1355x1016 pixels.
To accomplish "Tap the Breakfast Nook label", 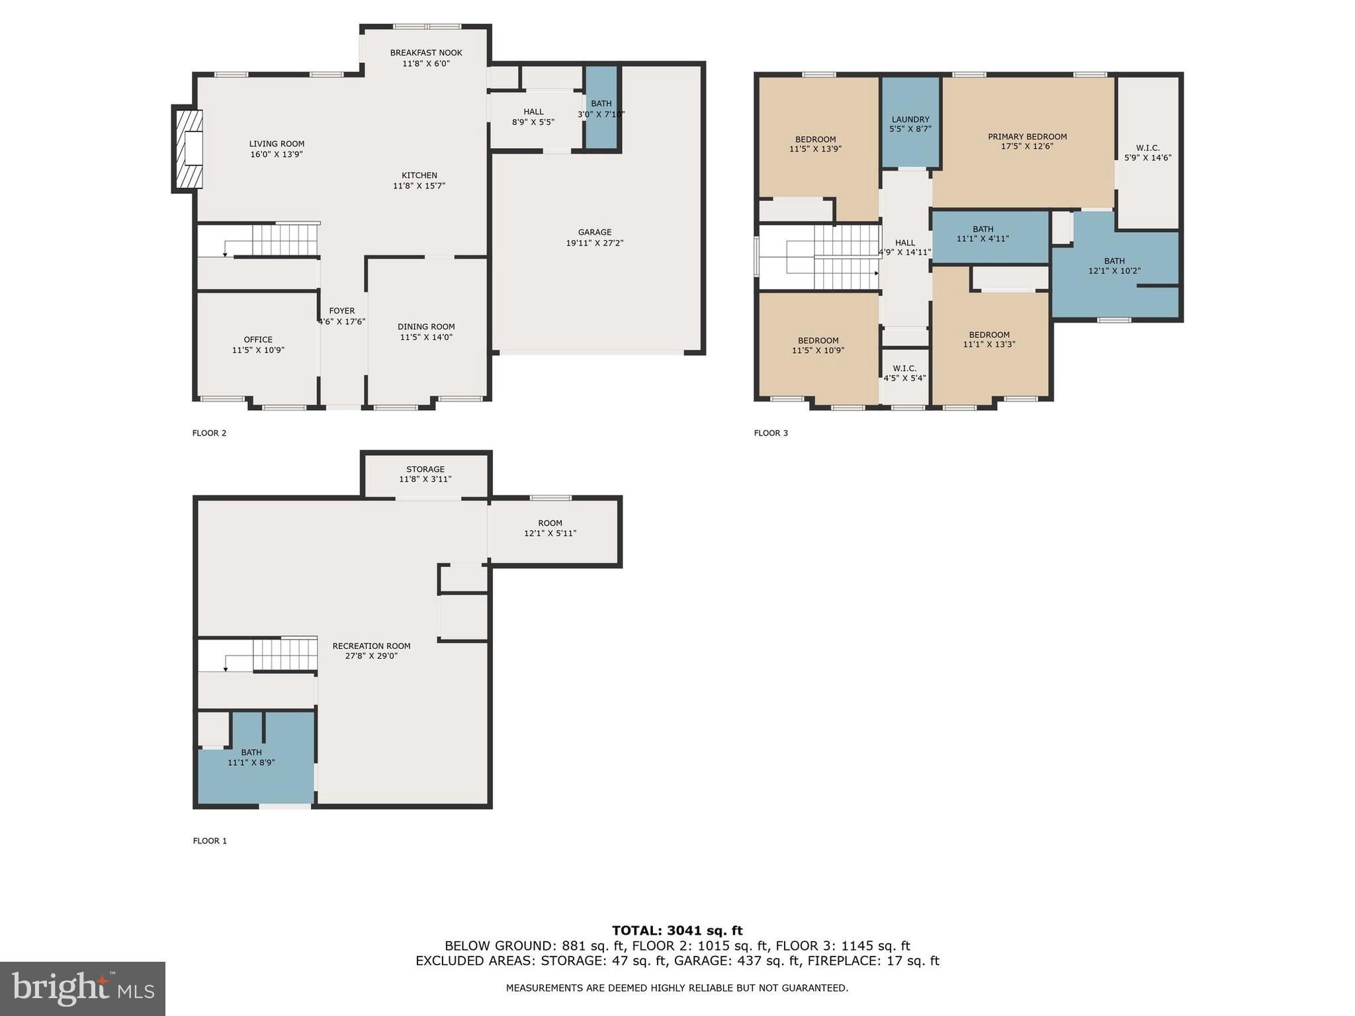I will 425,53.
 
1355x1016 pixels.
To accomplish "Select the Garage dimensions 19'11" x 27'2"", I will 594,243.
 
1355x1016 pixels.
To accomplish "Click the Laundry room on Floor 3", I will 910,124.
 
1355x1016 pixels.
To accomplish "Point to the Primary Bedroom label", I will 1027,137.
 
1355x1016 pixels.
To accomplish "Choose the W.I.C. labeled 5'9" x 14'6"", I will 1147,153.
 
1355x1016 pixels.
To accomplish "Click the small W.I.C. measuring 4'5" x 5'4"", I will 904,373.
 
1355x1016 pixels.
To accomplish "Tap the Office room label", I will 258,339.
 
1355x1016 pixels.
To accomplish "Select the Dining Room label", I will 426,327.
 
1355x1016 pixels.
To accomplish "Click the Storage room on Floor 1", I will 425,474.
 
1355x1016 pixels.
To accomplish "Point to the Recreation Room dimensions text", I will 371,656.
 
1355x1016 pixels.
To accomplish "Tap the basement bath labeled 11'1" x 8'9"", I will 251,757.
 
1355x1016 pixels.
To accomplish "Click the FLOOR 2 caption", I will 209,433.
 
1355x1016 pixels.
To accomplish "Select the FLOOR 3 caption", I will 771,433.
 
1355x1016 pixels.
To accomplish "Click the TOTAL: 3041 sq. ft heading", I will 677,931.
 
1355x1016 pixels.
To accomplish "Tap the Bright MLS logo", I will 82,988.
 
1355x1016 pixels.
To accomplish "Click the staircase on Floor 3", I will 834,257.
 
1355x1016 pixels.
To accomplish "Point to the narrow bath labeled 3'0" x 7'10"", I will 601,108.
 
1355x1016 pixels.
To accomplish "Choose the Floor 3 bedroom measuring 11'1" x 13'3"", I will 989,339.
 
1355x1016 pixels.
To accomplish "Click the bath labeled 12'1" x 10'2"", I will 1114,266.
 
